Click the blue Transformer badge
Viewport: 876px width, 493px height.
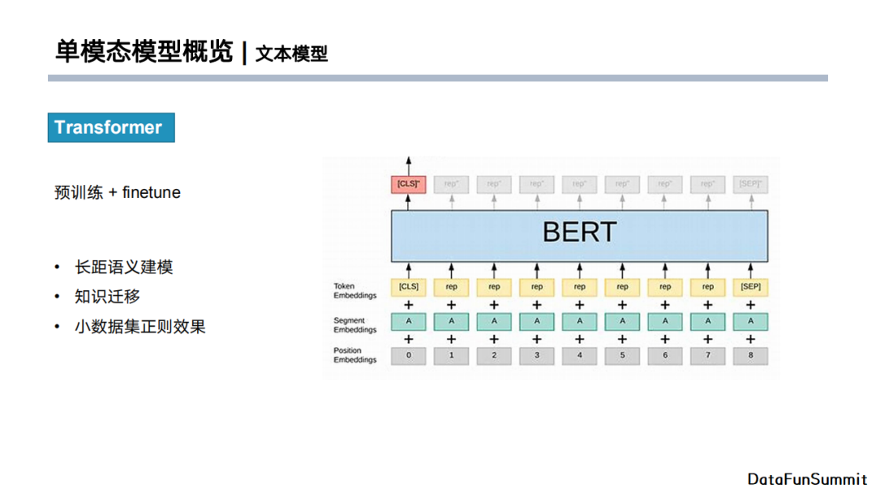tap(111, 127)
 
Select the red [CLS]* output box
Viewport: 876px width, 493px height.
tap(408, 184)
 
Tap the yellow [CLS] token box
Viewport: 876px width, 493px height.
tap(408, 287)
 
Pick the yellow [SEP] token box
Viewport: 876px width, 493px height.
tap(750, 287)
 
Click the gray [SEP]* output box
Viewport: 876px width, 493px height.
tap(750, 184)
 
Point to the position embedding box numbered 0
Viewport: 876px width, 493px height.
tap(408, 355)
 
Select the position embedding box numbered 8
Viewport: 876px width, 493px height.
tap(750, 355)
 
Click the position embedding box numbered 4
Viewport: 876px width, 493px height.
tap(579, 355)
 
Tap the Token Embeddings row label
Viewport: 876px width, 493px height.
tap(354, 291)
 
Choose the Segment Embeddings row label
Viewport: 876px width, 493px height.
tap(354, 325)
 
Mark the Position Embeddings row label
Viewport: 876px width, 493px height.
tap(354, 355)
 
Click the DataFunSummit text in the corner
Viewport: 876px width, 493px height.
tap(807, 479)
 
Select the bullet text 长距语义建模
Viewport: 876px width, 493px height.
tap(123, 267)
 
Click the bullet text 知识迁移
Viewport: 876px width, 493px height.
tap(107, 297)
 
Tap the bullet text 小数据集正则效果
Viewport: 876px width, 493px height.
tap(140, 327)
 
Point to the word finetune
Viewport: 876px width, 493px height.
tap(152, 193)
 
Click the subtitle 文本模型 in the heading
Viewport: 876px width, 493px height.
tap(291, 54)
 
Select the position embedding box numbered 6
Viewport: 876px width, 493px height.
tap(665, 355)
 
